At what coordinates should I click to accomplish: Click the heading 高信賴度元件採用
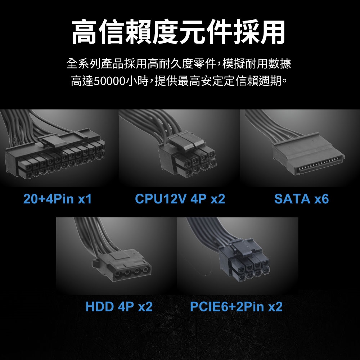pos(179,32)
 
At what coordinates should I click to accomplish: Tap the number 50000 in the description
pos(109,81)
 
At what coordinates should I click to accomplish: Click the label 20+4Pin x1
pos(57,199)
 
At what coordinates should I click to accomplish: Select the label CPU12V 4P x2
pos(180,199)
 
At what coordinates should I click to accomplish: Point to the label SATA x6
pos(301,199)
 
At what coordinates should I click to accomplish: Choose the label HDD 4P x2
pos(119,306)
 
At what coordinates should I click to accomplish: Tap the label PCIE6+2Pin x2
pos(236,306)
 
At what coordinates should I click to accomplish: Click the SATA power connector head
pos(309,153)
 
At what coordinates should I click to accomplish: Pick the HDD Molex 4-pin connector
pos(122,266)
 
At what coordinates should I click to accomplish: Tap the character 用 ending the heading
pos(273,32)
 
